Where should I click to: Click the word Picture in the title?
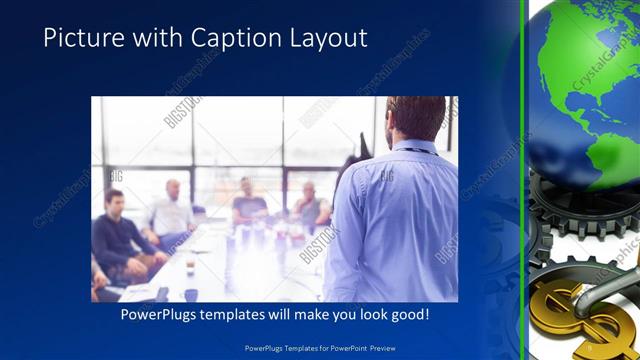[x=77, y=38]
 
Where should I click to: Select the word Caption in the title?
[x=220, y=38]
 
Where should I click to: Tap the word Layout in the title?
[x=323, y=38]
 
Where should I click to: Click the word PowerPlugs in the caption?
[x=161, y=314]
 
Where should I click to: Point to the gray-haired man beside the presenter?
[x=309, y=204]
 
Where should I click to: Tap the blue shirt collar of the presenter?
[x=411, y=148]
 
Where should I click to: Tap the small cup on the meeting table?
[x=191, y=294]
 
